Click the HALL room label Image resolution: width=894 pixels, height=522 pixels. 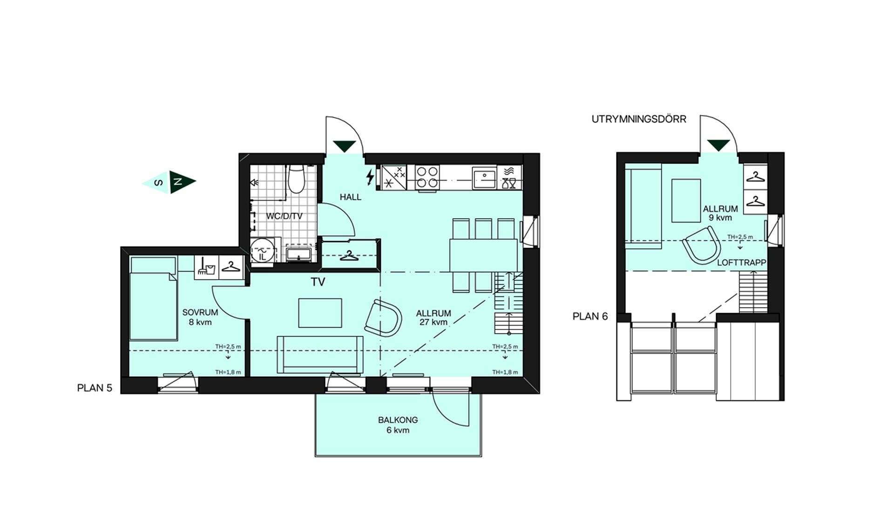point(350,197)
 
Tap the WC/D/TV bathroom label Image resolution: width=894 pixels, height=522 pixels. point(284,216)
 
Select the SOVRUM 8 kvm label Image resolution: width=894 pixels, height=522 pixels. point(200,317)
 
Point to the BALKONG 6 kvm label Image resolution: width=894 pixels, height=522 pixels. point(398,425)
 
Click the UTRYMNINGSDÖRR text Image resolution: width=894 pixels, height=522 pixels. point(639,119)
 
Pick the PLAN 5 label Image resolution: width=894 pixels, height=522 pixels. point(95,388)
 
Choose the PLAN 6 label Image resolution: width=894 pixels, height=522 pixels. point(590,316)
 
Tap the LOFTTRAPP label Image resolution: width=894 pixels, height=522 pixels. point(741,263)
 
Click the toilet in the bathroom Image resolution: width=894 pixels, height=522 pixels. point(296,179)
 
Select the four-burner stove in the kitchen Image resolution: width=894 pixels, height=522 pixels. point(427,178)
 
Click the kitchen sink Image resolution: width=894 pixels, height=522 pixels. point(484,178)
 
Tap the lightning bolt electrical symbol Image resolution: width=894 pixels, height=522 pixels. point(370,177)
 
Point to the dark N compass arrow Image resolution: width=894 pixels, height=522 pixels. point(182,182)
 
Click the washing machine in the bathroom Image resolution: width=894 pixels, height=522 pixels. point(262,252)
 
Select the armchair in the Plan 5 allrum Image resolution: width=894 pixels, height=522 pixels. point(383,318)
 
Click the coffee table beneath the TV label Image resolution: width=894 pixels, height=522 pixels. point(320,313)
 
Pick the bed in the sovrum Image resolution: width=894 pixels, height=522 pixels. point(154,298)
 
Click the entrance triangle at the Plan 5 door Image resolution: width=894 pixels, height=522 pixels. point(345,146)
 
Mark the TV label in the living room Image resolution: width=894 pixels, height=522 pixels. point(318,282)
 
